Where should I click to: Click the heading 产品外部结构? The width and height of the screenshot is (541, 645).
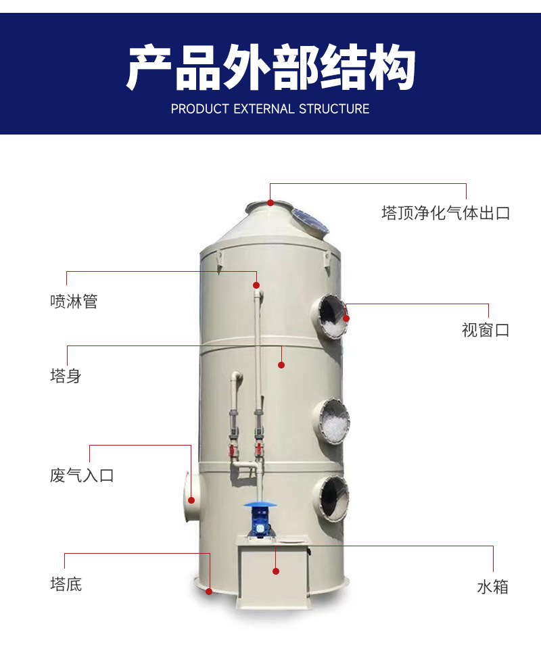[x=270, y=68]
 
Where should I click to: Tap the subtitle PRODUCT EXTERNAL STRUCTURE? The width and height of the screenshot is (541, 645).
[x=270, y=109]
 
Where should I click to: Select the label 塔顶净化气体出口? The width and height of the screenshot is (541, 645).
[x=446, y=213]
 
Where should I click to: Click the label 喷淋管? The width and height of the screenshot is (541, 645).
[x=74, y=302]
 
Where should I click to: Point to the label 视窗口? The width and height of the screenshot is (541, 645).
[x=486, y=330]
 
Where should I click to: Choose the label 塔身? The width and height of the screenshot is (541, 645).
[x=66, y=376]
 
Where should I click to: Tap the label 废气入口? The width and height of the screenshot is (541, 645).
[x=82, y=475]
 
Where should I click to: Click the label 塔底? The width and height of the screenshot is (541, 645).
[x=66, y=584]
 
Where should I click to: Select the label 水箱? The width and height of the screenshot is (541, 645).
[x=493, y=587]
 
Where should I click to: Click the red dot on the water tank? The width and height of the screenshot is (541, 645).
[x=276, y=571]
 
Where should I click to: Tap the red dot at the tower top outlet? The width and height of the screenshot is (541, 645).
[x=270, y=202]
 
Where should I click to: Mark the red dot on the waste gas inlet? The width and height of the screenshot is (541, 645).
[x=191, y=500]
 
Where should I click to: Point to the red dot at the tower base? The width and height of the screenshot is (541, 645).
[x=209, y=592]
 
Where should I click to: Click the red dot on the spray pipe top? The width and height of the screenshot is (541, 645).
[x=256, y=285]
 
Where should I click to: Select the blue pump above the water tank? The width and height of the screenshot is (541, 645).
[x=258, y=520]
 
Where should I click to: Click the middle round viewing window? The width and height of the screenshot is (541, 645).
[x=331, y=421]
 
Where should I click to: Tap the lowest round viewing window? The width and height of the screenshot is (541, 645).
[x=331, y=498]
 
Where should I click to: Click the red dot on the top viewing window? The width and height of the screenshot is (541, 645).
[x=346, y=318]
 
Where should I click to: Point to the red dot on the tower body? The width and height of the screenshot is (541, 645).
[x=281, y=365]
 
